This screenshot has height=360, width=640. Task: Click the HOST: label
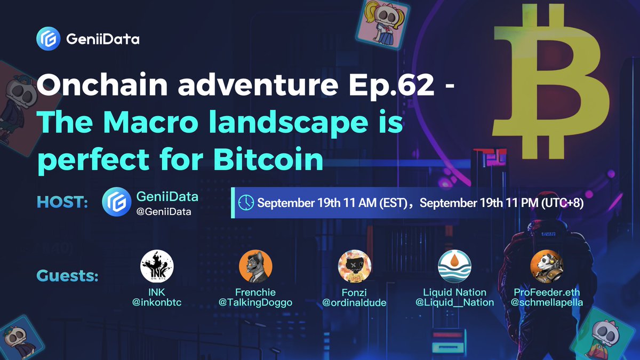pyautogui.click(x=62, y=203)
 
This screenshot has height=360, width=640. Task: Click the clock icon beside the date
pyautogui.click(x=246, y=203)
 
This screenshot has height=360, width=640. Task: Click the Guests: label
pyautogui.click(x=68, y=277)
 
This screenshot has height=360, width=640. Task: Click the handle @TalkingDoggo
pyautogui.click(x=255, y=302)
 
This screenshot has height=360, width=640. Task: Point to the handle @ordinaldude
pyautogui.click(x=355, y=302)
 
